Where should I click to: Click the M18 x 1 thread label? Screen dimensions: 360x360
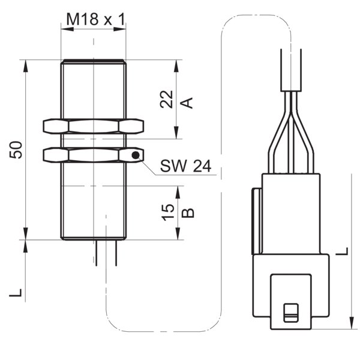click(96, 19)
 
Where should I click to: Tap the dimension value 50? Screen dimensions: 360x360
click(16, 149)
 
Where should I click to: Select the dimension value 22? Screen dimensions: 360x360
click(166, 99)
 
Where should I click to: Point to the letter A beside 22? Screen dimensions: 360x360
click(187, 103)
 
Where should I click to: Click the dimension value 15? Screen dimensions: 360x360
click(168, 212)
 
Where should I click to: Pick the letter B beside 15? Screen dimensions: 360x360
click(188, 213)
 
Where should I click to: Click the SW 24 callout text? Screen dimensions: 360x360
click(185, 166)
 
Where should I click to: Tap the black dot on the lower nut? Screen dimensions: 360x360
click(136, 155)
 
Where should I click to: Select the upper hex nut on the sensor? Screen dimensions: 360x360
click(94, 126)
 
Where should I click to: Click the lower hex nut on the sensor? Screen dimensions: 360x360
click(94, 155)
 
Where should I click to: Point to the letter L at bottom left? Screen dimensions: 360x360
click(16, 293)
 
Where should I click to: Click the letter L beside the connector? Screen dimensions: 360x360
click(342, 251)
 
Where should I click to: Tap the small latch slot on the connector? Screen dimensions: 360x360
click(291, 313)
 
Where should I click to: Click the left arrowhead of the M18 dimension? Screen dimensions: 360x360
click(67, 29)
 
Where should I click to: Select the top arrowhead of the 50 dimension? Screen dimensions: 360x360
click(26, 66)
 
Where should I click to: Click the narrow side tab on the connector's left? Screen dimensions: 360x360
click(257, 221)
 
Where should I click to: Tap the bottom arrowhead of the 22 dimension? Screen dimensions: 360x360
click(176, 133)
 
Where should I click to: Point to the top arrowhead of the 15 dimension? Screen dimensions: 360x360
click(178, 192)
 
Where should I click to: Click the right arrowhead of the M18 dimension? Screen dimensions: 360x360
click(119, 29)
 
